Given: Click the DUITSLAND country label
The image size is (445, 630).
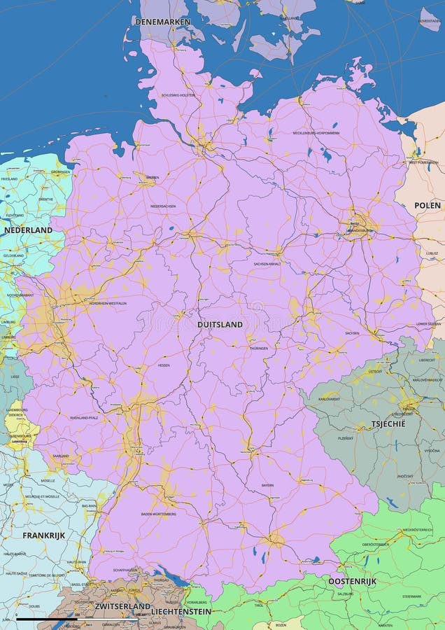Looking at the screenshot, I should pos(220,325).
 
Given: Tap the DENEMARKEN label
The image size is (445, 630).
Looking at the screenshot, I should pos(162,22).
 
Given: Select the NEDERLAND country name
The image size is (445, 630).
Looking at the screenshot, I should pos(28,230).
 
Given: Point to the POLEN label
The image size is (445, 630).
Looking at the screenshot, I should pos(428,205).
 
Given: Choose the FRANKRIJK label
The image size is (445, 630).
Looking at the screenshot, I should pos(43,535).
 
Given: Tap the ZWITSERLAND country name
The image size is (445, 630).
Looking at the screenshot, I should pos(122,605).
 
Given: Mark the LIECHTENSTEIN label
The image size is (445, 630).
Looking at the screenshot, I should pos(181,611).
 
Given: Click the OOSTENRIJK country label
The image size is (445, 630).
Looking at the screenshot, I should pos(352,581).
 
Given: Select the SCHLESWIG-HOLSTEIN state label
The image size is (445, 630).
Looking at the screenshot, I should pos(178,95).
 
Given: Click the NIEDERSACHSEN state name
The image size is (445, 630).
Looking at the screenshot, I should pos(163,206).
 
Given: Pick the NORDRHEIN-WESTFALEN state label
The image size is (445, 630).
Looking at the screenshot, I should pos(108,303).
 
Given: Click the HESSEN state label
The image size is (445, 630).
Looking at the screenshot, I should pos(164,365).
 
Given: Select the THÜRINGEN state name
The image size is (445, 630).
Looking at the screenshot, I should pos(259,348).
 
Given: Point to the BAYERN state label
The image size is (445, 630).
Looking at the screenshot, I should pos(267,484).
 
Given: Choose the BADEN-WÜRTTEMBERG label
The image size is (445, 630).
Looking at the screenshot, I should pos(158,514).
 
